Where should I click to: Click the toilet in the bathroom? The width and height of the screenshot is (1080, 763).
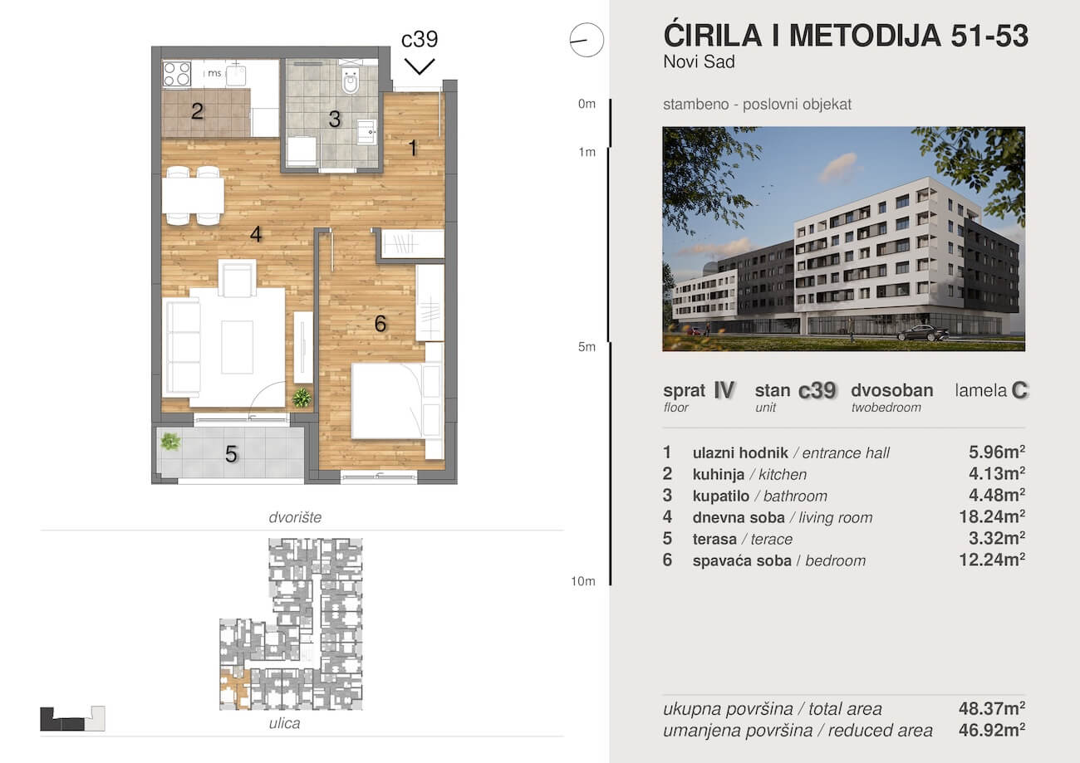[x=351, y=81]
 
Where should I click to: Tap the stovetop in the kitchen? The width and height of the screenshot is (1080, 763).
[x=176, y=74]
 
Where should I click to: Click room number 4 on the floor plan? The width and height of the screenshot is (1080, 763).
[x=256, y=235]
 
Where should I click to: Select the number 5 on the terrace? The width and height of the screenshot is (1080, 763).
[x=231, y=454]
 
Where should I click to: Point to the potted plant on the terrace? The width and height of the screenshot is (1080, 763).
[x=169, y=441]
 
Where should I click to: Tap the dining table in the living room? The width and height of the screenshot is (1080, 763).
[x=193, y=196]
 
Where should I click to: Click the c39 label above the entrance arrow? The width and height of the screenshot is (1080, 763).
[x=420, y=39]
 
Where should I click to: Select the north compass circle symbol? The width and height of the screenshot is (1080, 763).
[x=587, y=41]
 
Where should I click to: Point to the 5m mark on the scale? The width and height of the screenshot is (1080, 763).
[x=587, y=347]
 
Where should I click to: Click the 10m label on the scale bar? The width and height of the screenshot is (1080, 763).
[x=583, y=581]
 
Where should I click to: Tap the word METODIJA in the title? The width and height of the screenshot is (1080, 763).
[x=865, y=36]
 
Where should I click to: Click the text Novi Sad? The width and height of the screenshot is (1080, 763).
[x=700, y=61]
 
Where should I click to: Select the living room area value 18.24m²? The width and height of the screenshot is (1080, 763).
[x=992, y=516]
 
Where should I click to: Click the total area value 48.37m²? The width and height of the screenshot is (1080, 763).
[x=992, y=708]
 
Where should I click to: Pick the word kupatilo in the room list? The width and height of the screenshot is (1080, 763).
[x=721, y=496]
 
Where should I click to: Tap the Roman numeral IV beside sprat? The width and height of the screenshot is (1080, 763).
[x=724, y=389]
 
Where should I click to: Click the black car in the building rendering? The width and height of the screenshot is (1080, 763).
[x=923, y=333]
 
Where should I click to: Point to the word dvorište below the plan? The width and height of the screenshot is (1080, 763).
[x=295, y=517]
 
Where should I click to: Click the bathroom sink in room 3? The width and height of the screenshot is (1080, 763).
[x=366, y=131]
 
